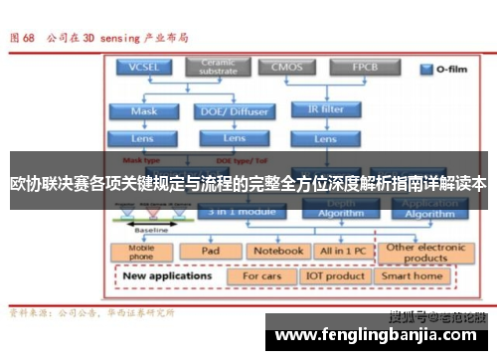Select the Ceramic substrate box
click(x=219, y=68)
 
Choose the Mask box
click(x=144, y=111)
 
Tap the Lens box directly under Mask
click(x=144, y=138)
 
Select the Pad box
click(x=210, y=252)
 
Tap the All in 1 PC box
click(x=342, y=252)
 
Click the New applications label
click(x=166, y=275)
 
